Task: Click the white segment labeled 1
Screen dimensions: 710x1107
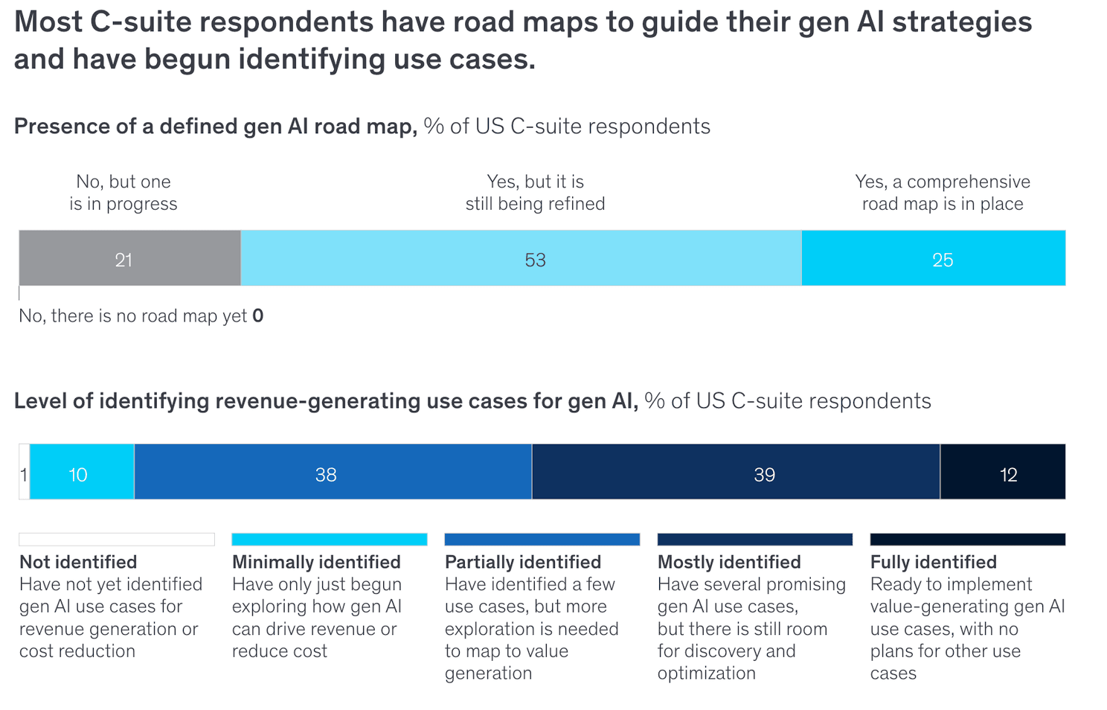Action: point(24,474)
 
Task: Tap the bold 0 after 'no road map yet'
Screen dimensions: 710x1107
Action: point(257,316)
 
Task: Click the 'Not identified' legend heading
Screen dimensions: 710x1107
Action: point(78,562)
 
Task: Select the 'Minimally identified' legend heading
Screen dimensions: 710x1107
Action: point(316,562)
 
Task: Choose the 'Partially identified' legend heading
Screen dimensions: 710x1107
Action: point(522,562)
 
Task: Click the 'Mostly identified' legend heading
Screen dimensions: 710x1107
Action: point(729,562)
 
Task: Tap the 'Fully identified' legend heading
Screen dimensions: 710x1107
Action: point(933,562)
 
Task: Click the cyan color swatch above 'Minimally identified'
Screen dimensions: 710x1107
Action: point(329,540)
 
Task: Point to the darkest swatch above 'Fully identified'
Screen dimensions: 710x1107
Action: point(967,540)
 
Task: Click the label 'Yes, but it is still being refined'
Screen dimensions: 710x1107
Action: point(535,193)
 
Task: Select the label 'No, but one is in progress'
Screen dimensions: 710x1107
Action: point(123,193)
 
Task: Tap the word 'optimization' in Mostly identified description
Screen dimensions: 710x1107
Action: point(706,674)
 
